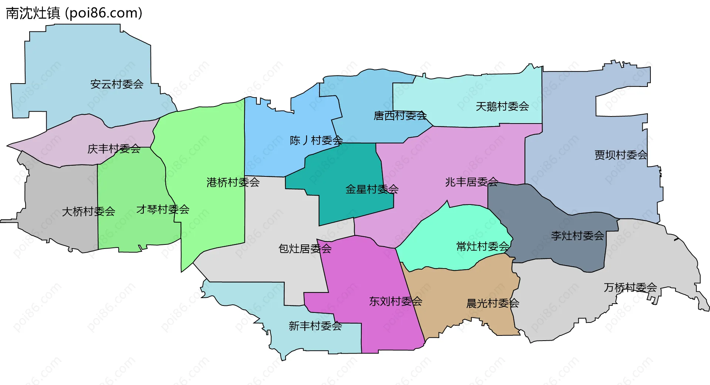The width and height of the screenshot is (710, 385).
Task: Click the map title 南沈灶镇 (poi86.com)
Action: tap(74, 13)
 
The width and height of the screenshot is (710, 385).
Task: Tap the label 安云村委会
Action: tap(117, 84)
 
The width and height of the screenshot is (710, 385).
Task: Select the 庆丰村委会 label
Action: tap(114, 149)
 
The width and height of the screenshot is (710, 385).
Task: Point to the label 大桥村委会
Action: tap(88, 212)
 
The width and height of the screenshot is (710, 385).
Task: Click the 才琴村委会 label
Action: tap(163, 210)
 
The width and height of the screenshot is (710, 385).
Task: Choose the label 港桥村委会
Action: tap(233, 182)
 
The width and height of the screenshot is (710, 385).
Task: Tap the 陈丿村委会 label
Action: tap(316, 141)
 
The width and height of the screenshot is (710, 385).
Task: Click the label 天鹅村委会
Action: tap(502, 107)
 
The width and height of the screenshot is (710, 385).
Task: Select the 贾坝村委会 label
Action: tap(621, 155)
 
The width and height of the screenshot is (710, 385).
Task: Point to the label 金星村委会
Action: tap(372, 189)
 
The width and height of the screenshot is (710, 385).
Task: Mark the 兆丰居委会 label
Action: tap(471, 182)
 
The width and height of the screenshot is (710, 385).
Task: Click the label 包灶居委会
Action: tap(305, 249)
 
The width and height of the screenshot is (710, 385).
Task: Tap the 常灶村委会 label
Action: tap(483, 246)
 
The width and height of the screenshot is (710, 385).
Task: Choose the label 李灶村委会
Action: tap(577, 236)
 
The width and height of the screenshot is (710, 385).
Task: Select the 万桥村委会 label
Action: tap(630, 287)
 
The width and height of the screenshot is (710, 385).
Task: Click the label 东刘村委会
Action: tap(395, 301)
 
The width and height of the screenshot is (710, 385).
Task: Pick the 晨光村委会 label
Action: tap(493, 304)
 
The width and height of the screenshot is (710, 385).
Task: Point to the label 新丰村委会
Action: tap(315, 326)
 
